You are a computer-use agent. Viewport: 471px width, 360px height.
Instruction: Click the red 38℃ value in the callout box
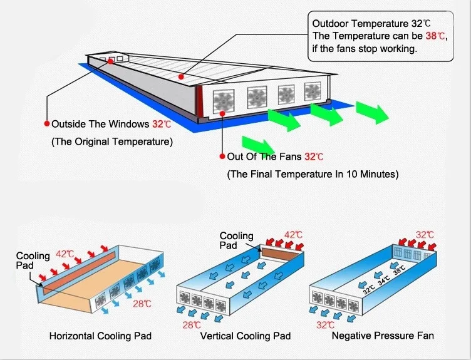(436, 36)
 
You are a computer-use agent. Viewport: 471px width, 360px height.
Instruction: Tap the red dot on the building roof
(181, 77)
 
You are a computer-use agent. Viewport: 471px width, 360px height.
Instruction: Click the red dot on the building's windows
(110, 61)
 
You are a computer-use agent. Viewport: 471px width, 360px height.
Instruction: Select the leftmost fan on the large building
(223, 100)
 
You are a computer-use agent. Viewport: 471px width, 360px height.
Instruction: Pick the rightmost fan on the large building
(313, 91)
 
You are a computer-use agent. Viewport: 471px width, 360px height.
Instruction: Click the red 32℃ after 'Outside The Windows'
(162, 124)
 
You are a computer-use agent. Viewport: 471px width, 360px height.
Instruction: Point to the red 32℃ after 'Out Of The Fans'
(314, 157)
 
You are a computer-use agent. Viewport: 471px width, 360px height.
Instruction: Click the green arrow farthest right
(372, 112)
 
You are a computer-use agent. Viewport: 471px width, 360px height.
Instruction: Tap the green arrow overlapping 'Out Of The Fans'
(258, 145)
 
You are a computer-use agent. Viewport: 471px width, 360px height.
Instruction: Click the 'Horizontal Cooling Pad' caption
(100, 336)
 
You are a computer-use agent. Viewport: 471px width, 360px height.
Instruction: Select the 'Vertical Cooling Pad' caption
(246, 336)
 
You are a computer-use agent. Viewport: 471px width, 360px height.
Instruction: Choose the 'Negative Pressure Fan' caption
(383, 336)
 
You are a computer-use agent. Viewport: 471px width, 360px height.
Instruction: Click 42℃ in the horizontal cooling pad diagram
(65, 254)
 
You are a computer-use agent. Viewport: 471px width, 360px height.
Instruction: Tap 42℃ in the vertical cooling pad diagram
(294, 235)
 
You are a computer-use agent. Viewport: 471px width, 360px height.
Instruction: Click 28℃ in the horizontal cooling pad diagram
(142, 304)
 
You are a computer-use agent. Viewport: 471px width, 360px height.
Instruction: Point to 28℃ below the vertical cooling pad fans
(192, 325)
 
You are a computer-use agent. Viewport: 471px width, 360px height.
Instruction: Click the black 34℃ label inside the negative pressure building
(384, 280)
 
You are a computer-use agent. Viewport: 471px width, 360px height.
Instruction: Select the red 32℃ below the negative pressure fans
(325, 325)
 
